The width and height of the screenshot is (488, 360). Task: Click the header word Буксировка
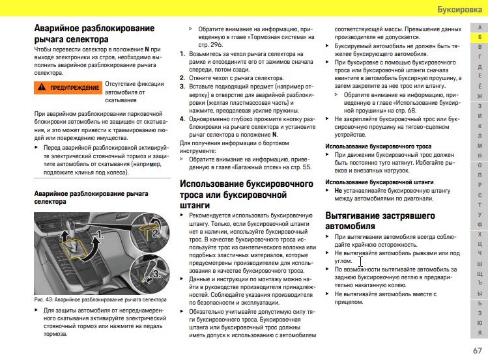[x=458, y=10]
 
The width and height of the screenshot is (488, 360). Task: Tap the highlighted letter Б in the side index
[x=480, y=38]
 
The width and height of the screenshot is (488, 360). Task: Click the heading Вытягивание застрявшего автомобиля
[x=380, y=221]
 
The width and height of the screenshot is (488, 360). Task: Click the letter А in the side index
[x=480, y=27]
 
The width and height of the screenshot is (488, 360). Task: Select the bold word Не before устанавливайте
[x=338, y=191]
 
